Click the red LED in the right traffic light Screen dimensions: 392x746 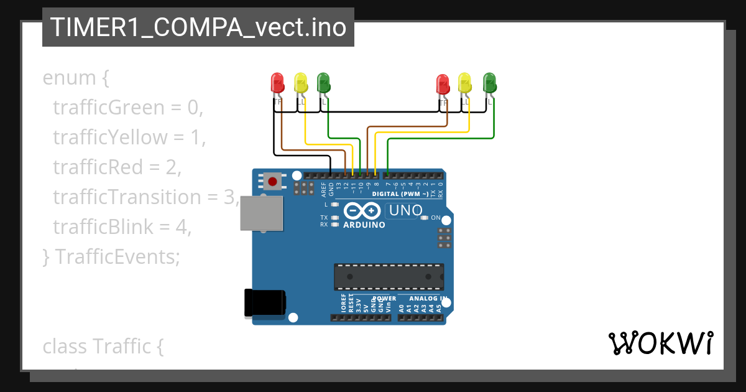[x=443, y=83]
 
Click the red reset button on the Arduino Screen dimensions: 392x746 [x=272, y=182]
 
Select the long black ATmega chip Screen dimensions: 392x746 [x=389, y=277]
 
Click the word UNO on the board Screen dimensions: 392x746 [x=405, y=211]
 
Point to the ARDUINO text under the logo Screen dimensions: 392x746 [x=364, y=225]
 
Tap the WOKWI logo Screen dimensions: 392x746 [x=660, y=343]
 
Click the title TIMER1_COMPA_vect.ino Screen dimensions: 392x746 [x=198, y=27]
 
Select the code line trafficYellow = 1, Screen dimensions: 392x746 [x=129, y=137]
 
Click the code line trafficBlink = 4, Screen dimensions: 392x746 [x=122, y=226]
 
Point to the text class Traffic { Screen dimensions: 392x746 [x=103, y=345]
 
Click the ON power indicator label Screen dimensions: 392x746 [x=435, y=218]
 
